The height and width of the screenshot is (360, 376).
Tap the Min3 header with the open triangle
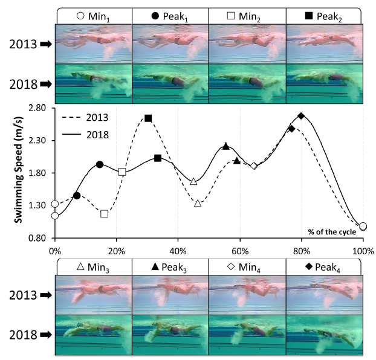92,266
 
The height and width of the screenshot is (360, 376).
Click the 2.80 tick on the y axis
37,108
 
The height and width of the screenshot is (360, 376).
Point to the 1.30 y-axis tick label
37,205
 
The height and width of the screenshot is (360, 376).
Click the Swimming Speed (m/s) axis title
18,172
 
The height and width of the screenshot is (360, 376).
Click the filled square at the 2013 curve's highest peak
148,118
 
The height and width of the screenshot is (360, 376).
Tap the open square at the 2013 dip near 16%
105,214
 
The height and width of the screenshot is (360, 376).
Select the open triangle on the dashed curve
198,204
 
